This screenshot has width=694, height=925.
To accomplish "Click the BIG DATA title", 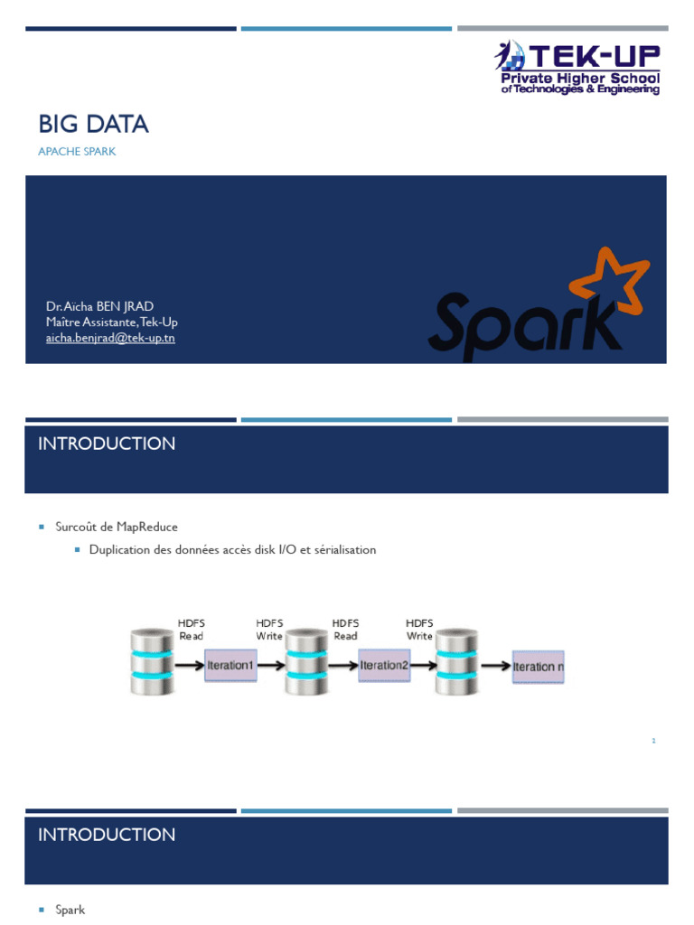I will coord(93,125).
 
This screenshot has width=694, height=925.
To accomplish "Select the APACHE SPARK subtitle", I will coord(77,152).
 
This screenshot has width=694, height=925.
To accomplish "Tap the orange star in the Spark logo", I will coord(608,277).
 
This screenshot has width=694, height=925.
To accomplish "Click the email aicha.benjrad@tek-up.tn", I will coord(110,338).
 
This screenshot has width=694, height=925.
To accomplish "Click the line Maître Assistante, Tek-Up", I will coord(117,322).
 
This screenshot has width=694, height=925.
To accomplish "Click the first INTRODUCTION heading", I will coord(107,444).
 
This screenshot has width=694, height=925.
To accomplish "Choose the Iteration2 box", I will coord(384,666).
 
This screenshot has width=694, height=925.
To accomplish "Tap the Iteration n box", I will coord(539,667).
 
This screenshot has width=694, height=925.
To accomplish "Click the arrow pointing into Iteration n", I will coord(494,666).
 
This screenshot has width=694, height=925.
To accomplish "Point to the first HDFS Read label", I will coord(192,630).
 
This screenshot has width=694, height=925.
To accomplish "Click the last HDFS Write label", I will coord(419,630).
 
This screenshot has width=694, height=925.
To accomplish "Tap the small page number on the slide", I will coord(652,741).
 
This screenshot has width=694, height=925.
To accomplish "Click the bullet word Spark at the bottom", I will coord(70,910).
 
